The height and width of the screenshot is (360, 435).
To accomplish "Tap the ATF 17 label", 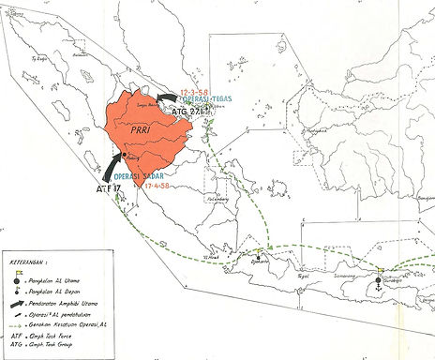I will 109,189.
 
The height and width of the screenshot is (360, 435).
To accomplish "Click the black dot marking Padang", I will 125,154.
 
